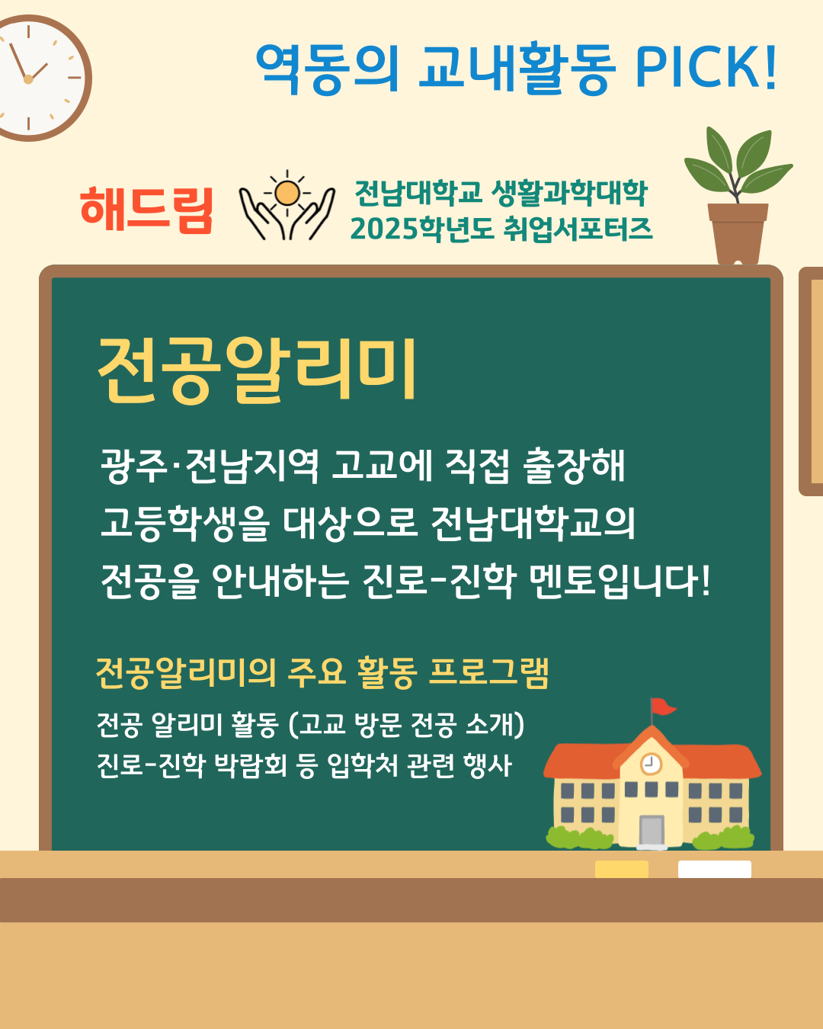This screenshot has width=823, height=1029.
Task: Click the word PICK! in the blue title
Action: [706, 67]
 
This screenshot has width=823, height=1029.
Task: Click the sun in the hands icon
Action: [287, 193]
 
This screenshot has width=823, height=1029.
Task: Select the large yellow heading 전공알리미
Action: [257, 370]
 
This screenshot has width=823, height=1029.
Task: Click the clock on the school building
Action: [651, 763]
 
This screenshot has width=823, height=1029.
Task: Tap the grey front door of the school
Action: [652, 831]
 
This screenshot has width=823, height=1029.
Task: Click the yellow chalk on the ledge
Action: [621, 869]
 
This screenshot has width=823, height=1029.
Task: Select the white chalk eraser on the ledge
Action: [715, 869]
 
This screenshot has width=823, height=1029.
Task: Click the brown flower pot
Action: [738, 234]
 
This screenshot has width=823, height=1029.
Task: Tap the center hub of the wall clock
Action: [28, 79]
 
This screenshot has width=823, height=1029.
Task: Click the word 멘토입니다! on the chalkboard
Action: [621, 581]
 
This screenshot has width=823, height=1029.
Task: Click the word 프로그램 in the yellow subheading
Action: [488, 672]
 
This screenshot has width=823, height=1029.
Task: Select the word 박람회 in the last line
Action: [250, 765]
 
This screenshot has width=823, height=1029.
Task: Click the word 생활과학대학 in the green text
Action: [569, 193]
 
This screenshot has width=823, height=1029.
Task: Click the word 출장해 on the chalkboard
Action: [574, 465]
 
